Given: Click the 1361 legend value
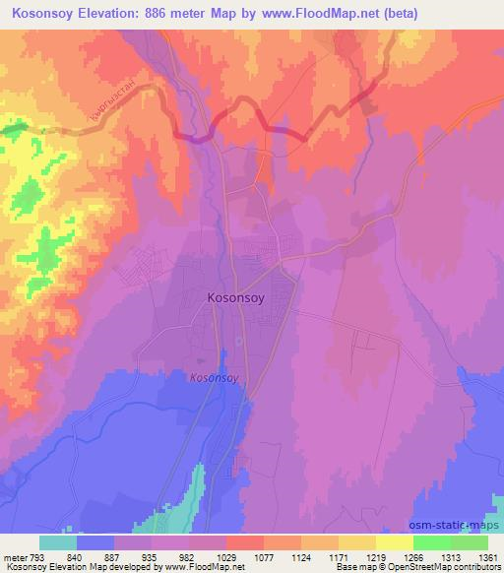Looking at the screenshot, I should click(x=487, y=555).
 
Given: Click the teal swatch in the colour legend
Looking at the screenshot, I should click(x=58, y=541).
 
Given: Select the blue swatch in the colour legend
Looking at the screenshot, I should click(x=95, y=541).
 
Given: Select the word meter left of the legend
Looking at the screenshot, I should click(x=16, y=555).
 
